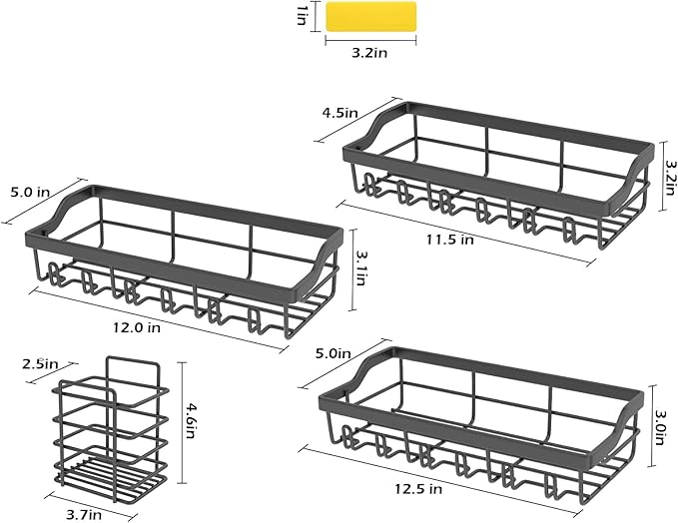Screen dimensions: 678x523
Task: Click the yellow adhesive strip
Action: coord(370,16)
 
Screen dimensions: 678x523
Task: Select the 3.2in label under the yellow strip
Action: coord(369,53)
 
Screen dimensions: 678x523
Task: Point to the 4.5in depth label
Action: coord(339,113)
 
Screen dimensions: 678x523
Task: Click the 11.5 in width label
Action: coord(450,239)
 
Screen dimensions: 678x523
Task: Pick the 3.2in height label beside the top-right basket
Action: coord(670,178)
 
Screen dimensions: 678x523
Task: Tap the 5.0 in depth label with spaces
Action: coord(30,192)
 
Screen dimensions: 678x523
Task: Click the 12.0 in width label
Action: coord(137,327)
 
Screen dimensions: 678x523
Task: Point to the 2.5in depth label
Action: coord(40,364)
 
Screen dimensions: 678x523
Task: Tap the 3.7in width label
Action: coord(84,515)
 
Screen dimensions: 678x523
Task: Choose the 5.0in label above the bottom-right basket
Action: coord(333,353)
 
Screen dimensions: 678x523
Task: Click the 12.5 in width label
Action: coord(418,489)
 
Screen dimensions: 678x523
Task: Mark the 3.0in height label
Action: coord(660,427)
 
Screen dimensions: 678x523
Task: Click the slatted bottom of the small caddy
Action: coord(110,473)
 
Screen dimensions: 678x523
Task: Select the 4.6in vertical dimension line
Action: coord(182,423)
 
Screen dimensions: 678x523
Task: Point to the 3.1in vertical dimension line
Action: coord(353,269)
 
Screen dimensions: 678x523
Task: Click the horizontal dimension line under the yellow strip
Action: coord(370,40)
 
